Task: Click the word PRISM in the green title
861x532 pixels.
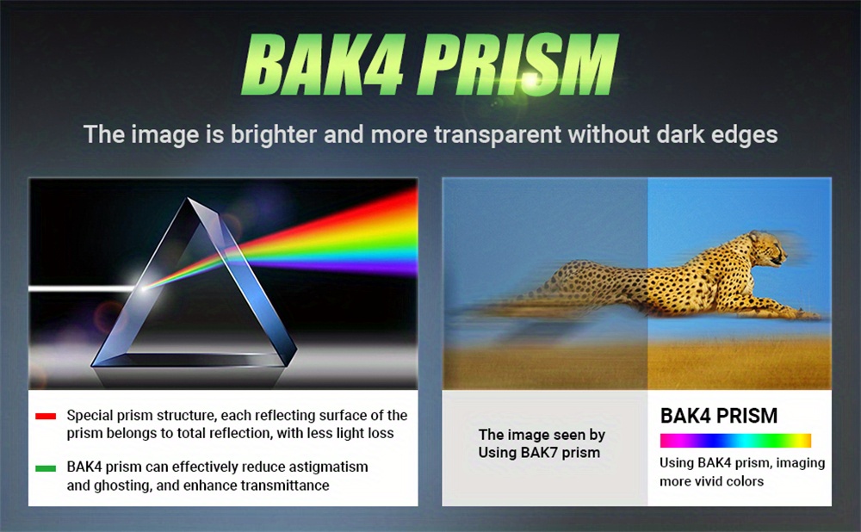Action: pos(518,65)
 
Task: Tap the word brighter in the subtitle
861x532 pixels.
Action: pos(274,135)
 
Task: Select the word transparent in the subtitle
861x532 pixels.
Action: pos(498,134)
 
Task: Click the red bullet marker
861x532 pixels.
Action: pos(46,416)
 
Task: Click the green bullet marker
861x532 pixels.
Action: pos(46,468)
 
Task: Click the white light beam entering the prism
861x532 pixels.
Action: pos(83,288)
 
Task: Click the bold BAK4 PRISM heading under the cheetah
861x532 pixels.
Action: pos(719,416)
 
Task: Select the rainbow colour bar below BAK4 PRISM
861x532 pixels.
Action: pos(735,440)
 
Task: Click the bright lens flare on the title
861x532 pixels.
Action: pos(530,80)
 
